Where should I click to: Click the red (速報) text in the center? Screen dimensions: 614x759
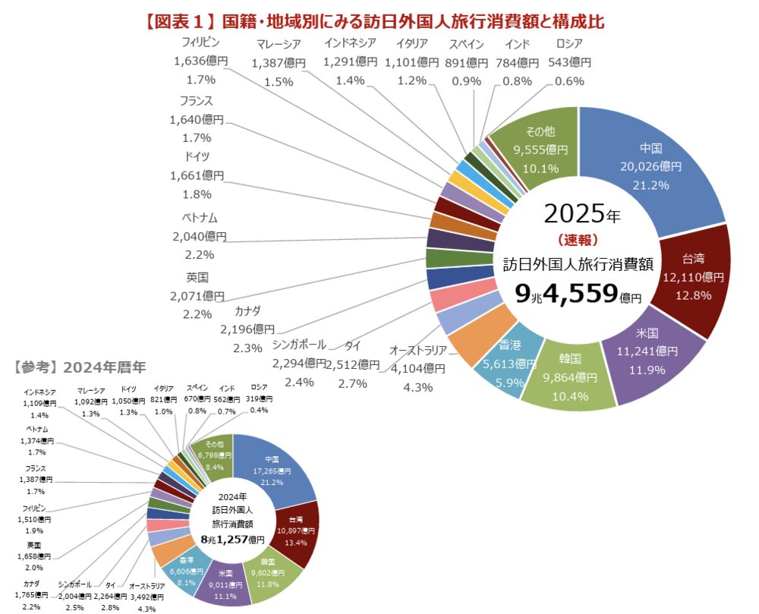tap(578, 240)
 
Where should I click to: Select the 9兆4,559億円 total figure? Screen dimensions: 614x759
tap(578, 294)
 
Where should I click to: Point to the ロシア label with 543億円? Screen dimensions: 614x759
tap(573, 62)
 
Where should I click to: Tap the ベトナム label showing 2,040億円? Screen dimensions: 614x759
tap(200, 236)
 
